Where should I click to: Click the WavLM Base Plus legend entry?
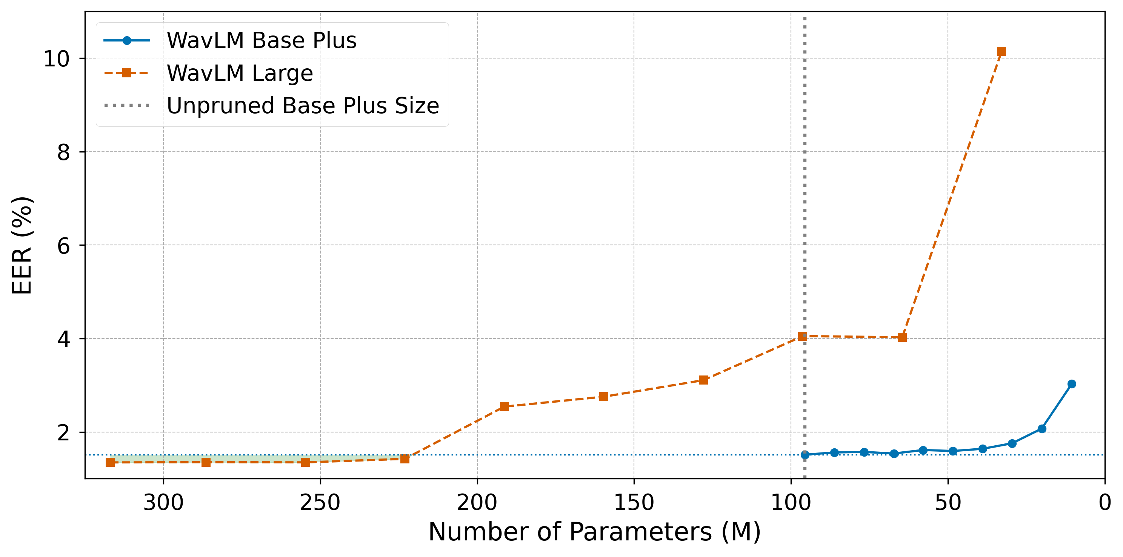click(x=261, y=40)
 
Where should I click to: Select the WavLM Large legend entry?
click(x=240, y=73)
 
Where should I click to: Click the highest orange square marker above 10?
click(x=1001, y=51)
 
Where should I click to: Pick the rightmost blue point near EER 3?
click(x=1072, y=384)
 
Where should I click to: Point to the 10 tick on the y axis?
click(x=57, y=58)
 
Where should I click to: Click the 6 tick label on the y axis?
click(x=64, y=246)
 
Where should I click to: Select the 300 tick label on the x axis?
click(x=163, y=503)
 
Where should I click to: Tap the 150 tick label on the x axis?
click(x=634, y=503)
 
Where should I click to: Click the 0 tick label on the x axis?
click(x=1104, y=503)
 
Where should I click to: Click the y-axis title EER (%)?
click(x=22, y=245)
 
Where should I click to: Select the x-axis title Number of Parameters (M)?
click(x=594, y=532)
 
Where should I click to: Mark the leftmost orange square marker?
click(x=110, y=462)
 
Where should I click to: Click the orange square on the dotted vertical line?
click(x=803, y=336)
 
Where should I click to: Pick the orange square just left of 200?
click(x=505, y=406)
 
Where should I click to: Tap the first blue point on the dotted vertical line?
click(x=805, y=455)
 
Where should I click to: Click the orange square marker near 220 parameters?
click(x=405, y=459)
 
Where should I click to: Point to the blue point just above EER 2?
click(x=1042, y=429)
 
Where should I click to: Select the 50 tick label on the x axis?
click(x=948, y=503)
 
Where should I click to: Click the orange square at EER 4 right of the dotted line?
click(x=902, y=337)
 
